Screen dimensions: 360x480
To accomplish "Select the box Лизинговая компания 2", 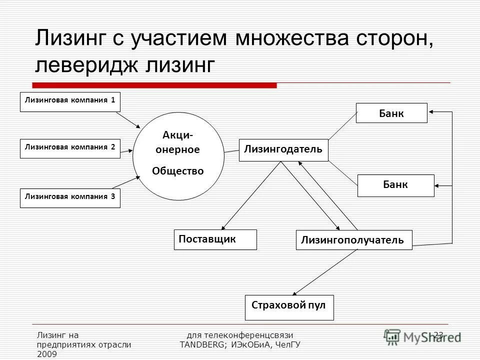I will click(x=70, y=148).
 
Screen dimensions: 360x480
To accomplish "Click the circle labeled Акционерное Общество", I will click(x=178, y=155).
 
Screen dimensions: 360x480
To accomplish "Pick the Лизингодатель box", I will click(x=283, y=150).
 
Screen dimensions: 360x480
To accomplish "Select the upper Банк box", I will click(x=391, y=113).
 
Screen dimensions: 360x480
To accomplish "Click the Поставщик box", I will click(x=215, y=239).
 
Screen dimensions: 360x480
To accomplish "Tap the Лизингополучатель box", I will click(x=354, y=240).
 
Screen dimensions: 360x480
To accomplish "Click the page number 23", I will click(x=438, y=334).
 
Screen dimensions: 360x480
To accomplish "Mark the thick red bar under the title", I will click(x=155, y=85).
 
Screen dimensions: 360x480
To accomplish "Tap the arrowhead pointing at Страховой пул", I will click(x=295, y=294).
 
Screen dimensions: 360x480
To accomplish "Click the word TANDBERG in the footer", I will click(x=202, y=344).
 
